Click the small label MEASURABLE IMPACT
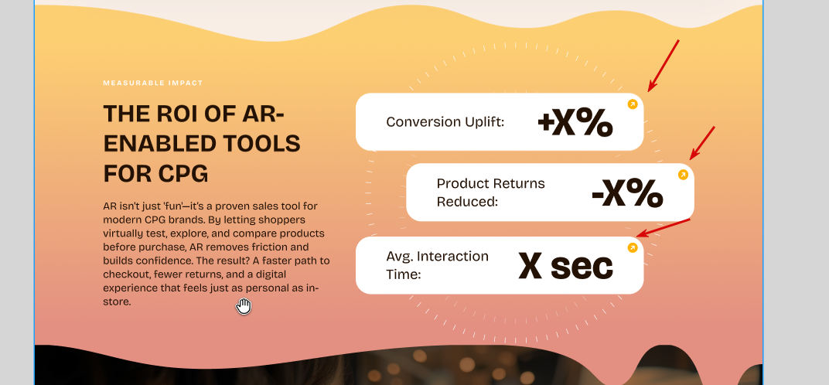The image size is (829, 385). point(153,83)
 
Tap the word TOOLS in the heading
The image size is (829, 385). point(259,144)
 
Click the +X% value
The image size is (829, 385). point(575,123)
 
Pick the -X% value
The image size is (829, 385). point(627,192)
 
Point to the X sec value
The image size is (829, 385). point(566,265)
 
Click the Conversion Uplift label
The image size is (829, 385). point(445,122)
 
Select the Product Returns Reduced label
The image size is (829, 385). point(490,192)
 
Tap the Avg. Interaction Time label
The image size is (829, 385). point(437,265)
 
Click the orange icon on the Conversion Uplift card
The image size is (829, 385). point(633,104)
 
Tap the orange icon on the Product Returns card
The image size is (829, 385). point(683,175)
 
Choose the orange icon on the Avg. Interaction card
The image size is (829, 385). point(633,247)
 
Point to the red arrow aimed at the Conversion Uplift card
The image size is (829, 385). point(664,66)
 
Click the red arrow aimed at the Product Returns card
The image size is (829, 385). point(702,143)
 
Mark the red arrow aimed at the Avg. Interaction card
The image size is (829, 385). point(663,227)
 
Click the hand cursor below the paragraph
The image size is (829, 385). point(243,306)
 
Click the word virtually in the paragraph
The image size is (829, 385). point(123,233)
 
